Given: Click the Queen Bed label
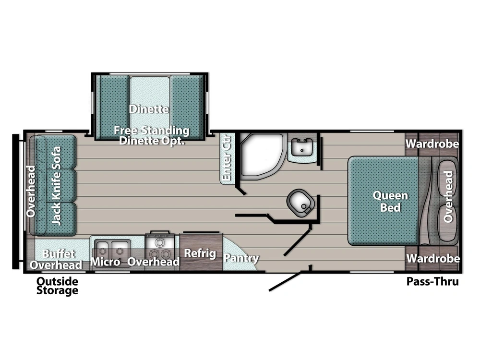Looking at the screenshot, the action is (390, 202).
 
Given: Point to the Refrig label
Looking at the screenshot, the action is (200, 253).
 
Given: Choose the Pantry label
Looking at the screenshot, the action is (241, 258).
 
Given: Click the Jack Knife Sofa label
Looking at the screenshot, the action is (56, 185).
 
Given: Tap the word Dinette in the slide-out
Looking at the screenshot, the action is (149, 108).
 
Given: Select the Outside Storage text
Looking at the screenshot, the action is (57, 286).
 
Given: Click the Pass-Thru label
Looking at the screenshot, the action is (432, 281).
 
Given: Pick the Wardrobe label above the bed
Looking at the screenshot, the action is (432, 144).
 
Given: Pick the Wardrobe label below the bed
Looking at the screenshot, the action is (433, 259).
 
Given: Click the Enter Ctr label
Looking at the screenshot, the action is (226, 157).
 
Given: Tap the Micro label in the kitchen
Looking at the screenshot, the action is (105, 262).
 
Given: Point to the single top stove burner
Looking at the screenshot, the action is (159, 243).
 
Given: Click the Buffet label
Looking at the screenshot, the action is (59, 253).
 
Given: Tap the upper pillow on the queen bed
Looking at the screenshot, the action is (448, 178).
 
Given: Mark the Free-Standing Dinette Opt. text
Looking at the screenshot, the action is (152, 135).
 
